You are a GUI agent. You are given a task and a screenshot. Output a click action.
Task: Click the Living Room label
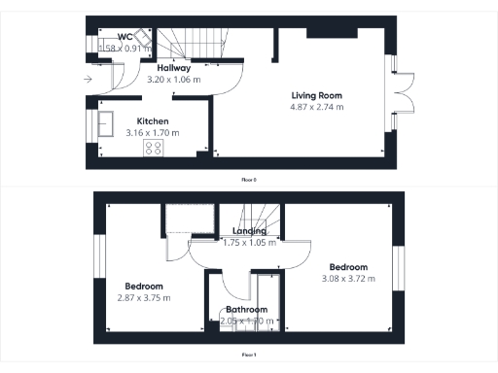(x=317, y=95)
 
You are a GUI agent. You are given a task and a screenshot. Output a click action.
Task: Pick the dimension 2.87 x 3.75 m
(x=144, y=298)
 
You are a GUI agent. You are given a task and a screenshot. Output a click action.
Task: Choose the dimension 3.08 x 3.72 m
(x=348, y=279)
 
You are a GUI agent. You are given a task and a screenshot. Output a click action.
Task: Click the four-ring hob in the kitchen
(x=154, y=148)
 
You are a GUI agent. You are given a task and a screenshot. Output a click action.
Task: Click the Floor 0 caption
(x=249, y=180)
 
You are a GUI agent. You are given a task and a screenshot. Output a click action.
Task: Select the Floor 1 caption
(x=249, y=356)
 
